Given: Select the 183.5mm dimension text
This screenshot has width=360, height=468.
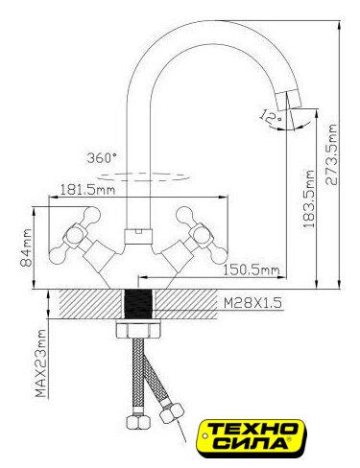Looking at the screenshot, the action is click(x=309, y=199).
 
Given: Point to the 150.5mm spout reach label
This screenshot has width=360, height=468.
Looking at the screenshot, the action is click(x=251, y=270).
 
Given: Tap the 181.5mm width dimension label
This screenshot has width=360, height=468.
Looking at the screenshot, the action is click(x=87, y=190).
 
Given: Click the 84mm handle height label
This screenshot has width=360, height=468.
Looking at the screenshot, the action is click(x=26, y=247).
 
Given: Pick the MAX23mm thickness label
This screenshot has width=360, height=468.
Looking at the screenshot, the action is click(x=40, y=363).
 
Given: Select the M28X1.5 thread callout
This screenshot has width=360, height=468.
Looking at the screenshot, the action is click(x=252, y=303).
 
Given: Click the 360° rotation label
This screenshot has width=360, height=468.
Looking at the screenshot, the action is click(x=102, y=158).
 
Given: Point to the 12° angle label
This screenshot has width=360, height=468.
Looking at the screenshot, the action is click(x=271, y=117).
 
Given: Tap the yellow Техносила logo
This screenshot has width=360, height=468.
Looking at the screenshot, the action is click(x=251, y=437).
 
